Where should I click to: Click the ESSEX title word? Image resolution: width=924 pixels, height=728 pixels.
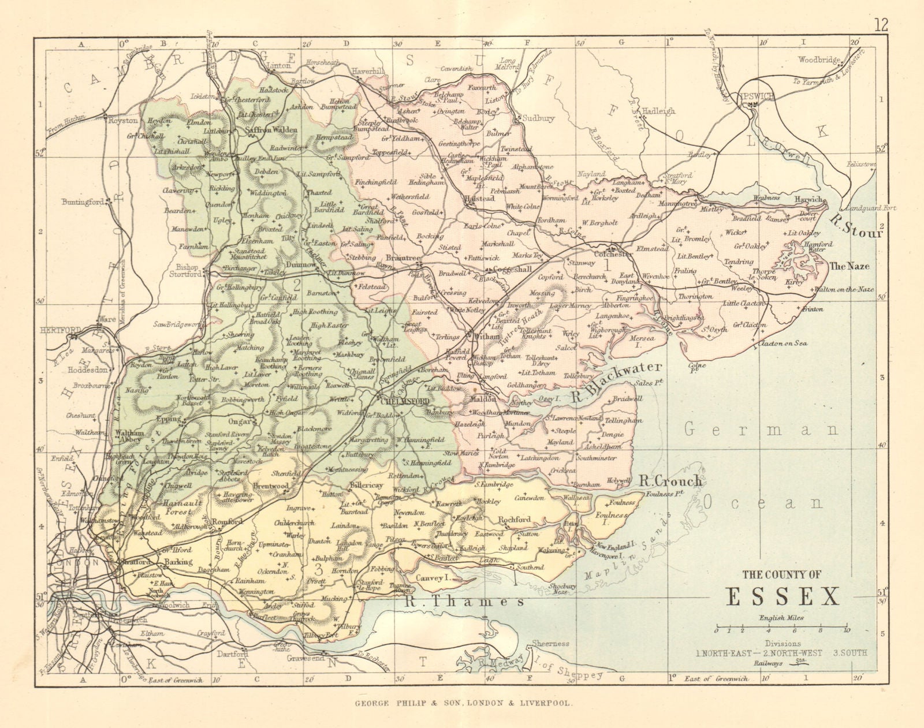pyautogui.click(x=783, y=596)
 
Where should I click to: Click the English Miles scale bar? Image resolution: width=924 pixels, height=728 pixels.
pyautogui.click(x=783, y=627)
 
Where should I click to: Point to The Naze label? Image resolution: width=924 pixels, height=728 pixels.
pyautogui.click(x=848, y=266)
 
